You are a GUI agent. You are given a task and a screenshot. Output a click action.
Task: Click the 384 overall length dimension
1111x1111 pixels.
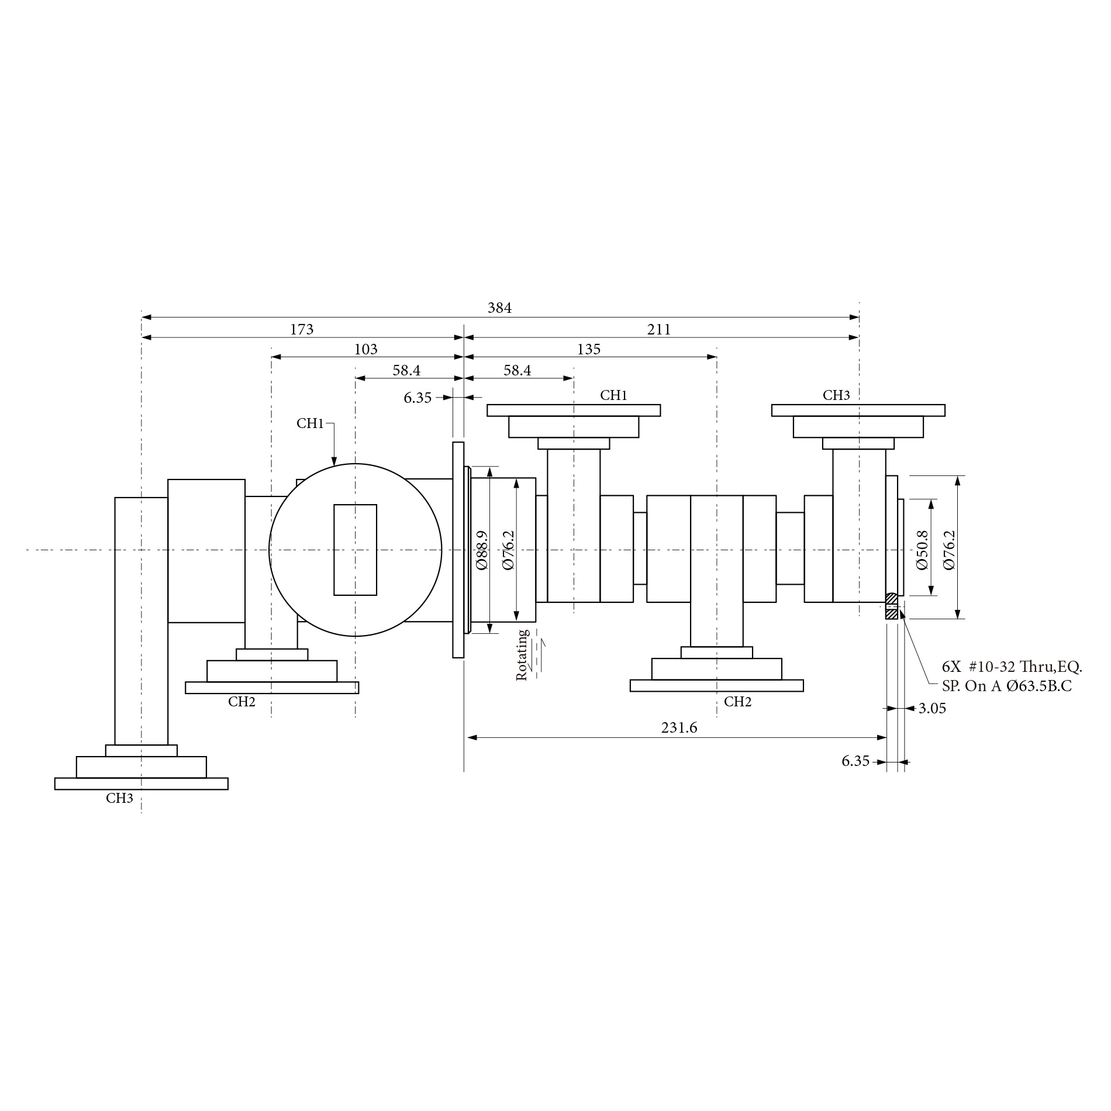point(499,308)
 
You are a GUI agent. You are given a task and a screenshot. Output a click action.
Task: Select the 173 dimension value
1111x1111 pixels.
point(302,330)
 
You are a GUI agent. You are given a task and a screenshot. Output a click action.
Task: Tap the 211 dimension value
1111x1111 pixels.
point(659,330)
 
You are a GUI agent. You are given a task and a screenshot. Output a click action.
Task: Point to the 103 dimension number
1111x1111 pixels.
point(366,350)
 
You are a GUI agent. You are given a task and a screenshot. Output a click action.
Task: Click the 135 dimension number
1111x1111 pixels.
point(589,350)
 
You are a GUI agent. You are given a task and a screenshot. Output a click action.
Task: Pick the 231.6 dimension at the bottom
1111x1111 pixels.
point(679,727)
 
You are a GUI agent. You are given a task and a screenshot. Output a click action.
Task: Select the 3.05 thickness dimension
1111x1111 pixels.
point(932,709)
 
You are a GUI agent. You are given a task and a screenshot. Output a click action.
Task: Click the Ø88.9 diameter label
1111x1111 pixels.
point(482,550)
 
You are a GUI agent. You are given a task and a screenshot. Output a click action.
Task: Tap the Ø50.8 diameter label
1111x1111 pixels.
point(922,550)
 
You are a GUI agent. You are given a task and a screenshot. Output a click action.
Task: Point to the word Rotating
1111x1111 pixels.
point(522,655)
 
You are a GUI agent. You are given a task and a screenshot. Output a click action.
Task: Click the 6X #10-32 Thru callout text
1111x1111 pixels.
point(1012,667)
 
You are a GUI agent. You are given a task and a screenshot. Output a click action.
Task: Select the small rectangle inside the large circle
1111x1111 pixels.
point(355,550)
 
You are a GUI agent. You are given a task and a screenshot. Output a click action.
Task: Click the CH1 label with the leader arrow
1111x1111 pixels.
point(310,423)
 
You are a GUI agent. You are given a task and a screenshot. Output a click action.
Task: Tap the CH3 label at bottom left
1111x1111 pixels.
point(119,798)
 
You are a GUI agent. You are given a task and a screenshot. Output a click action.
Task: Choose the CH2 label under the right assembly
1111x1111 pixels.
point(737,702)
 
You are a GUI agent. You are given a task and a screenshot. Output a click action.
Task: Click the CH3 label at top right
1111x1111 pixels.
point(836,395)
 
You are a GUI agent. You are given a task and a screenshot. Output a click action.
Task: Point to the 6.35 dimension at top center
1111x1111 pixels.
point(418,398)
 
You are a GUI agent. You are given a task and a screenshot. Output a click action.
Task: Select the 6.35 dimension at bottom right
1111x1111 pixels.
point(855,761)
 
